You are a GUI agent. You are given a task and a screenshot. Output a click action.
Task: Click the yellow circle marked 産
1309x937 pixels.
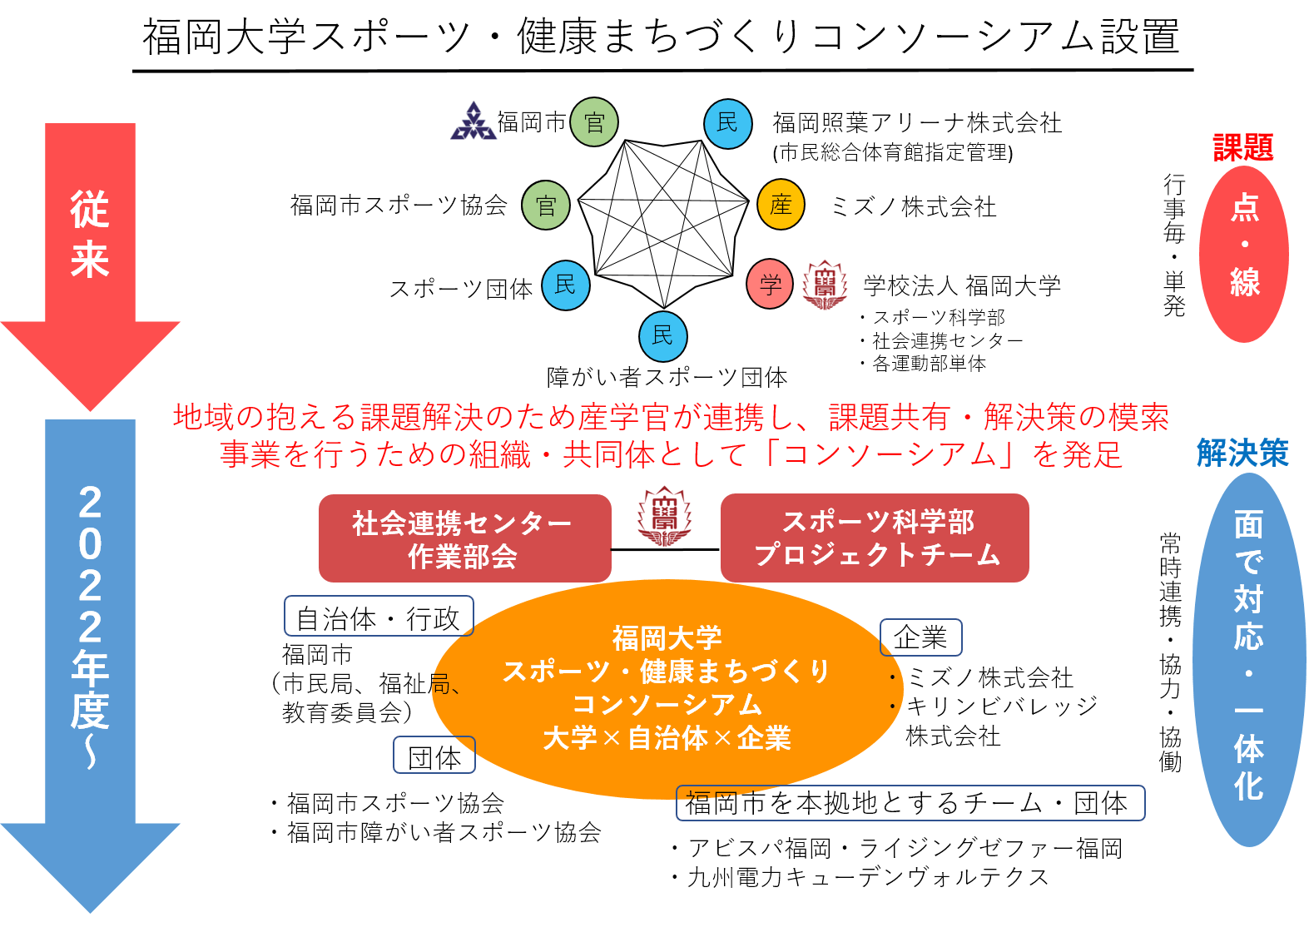[781, 205]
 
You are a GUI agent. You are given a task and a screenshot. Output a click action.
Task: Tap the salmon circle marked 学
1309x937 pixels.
[770, 284]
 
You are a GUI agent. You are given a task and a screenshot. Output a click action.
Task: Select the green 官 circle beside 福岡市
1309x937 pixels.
[594, 122]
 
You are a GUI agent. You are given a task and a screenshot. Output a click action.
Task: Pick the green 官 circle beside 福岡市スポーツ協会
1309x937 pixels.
[545, 206]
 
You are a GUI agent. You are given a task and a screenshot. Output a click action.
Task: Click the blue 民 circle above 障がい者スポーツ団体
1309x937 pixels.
[662, 335]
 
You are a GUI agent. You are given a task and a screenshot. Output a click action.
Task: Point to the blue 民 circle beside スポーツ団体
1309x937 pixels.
[566, 285]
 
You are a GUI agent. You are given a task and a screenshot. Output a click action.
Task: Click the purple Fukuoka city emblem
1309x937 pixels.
[473, 121]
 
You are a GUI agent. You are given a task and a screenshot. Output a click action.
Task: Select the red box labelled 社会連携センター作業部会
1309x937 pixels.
[464, 538]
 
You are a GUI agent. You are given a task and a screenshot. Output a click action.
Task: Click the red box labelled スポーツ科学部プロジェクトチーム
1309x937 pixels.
[875, 538]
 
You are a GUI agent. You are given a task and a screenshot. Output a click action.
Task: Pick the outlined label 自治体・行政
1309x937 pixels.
[379, 617]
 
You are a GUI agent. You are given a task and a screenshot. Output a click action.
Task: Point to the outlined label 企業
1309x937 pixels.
[920, 637]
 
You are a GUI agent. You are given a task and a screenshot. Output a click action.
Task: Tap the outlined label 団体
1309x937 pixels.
[434, 756]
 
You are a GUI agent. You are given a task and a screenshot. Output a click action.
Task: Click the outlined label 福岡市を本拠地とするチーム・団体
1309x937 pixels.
[910, 803]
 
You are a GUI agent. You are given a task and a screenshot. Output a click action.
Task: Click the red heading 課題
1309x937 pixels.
[1243, 148]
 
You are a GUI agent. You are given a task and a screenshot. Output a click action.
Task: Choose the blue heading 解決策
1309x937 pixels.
[1242, 454]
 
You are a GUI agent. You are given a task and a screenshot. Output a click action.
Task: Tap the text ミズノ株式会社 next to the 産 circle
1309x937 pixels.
[913, 206]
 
